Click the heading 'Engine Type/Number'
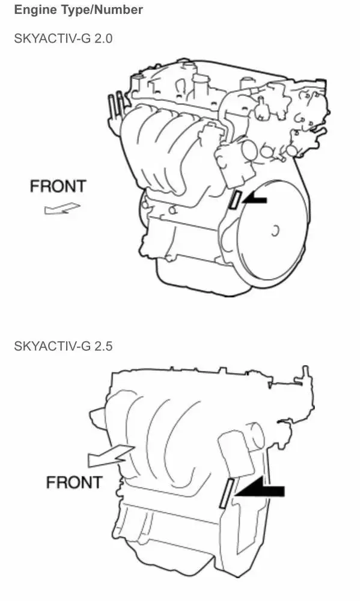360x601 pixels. tap(78, 10)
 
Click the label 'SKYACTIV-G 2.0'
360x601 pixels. tap(63, 38)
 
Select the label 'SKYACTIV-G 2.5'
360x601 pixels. tap(63, 346)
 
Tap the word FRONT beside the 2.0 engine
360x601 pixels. tap(58, 186)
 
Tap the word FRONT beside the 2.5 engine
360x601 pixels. tap(74, 482)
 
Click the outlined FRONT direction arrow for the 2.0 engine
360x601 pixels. tap(61, 209)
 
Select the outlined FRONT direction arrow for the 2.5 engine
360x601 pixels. tap(111, 456)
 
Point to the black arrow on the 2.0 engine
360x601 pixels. tap(254, 199)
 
